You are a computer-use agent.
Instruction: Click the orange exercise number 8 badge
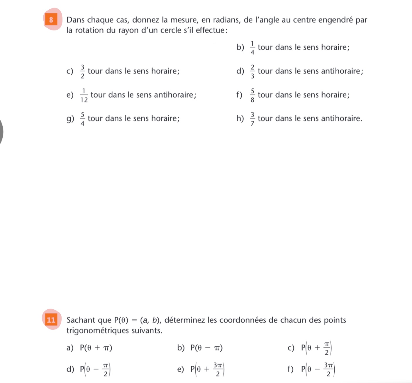click(51, 20)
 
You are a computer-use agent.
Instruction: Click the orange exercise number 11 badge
click(51, 320)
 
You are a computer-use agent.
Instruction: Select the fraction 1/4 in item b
click(252, 48)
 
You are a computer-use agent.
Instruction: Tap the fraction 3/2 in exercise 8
click(82, 71)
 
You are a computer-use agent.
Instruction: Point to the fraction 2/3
click(252, 71)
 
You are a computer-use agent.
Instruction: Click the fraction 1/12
click(84, 95)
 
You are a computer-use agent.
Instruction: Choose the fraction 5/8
click(252, 95)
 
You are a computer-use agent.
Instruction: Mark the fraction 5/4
click(82, 119)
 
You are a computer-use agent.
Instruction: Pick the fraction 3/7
click(252, 119)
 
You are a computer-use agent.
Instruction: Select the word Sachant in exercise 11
click(80, 320)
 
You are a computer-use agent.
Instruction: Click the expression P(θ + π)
click(96, 348)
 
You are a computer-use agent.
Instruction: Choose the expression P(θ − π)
click(207, 348)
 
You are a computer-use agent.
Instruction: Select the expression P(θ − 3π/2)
click(318, 370)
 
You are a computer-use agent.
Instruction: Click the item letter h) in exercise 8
click(240, 118)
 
